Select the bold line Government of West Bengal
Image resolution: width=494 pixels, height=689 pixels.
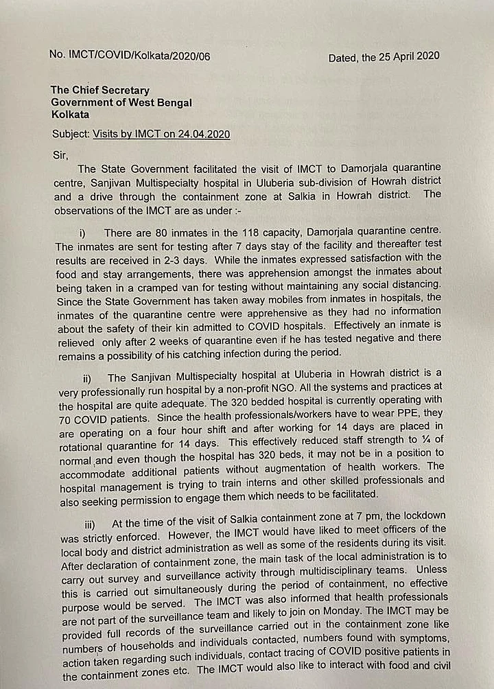[121, 102]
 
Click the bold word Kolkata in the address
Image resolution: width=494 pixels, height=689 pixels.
[70, 115]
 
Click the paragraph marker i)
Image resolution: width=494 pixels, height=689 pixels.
[83, 233]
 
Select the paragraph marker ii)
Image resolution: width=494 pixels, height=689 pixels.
[88, 377]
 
